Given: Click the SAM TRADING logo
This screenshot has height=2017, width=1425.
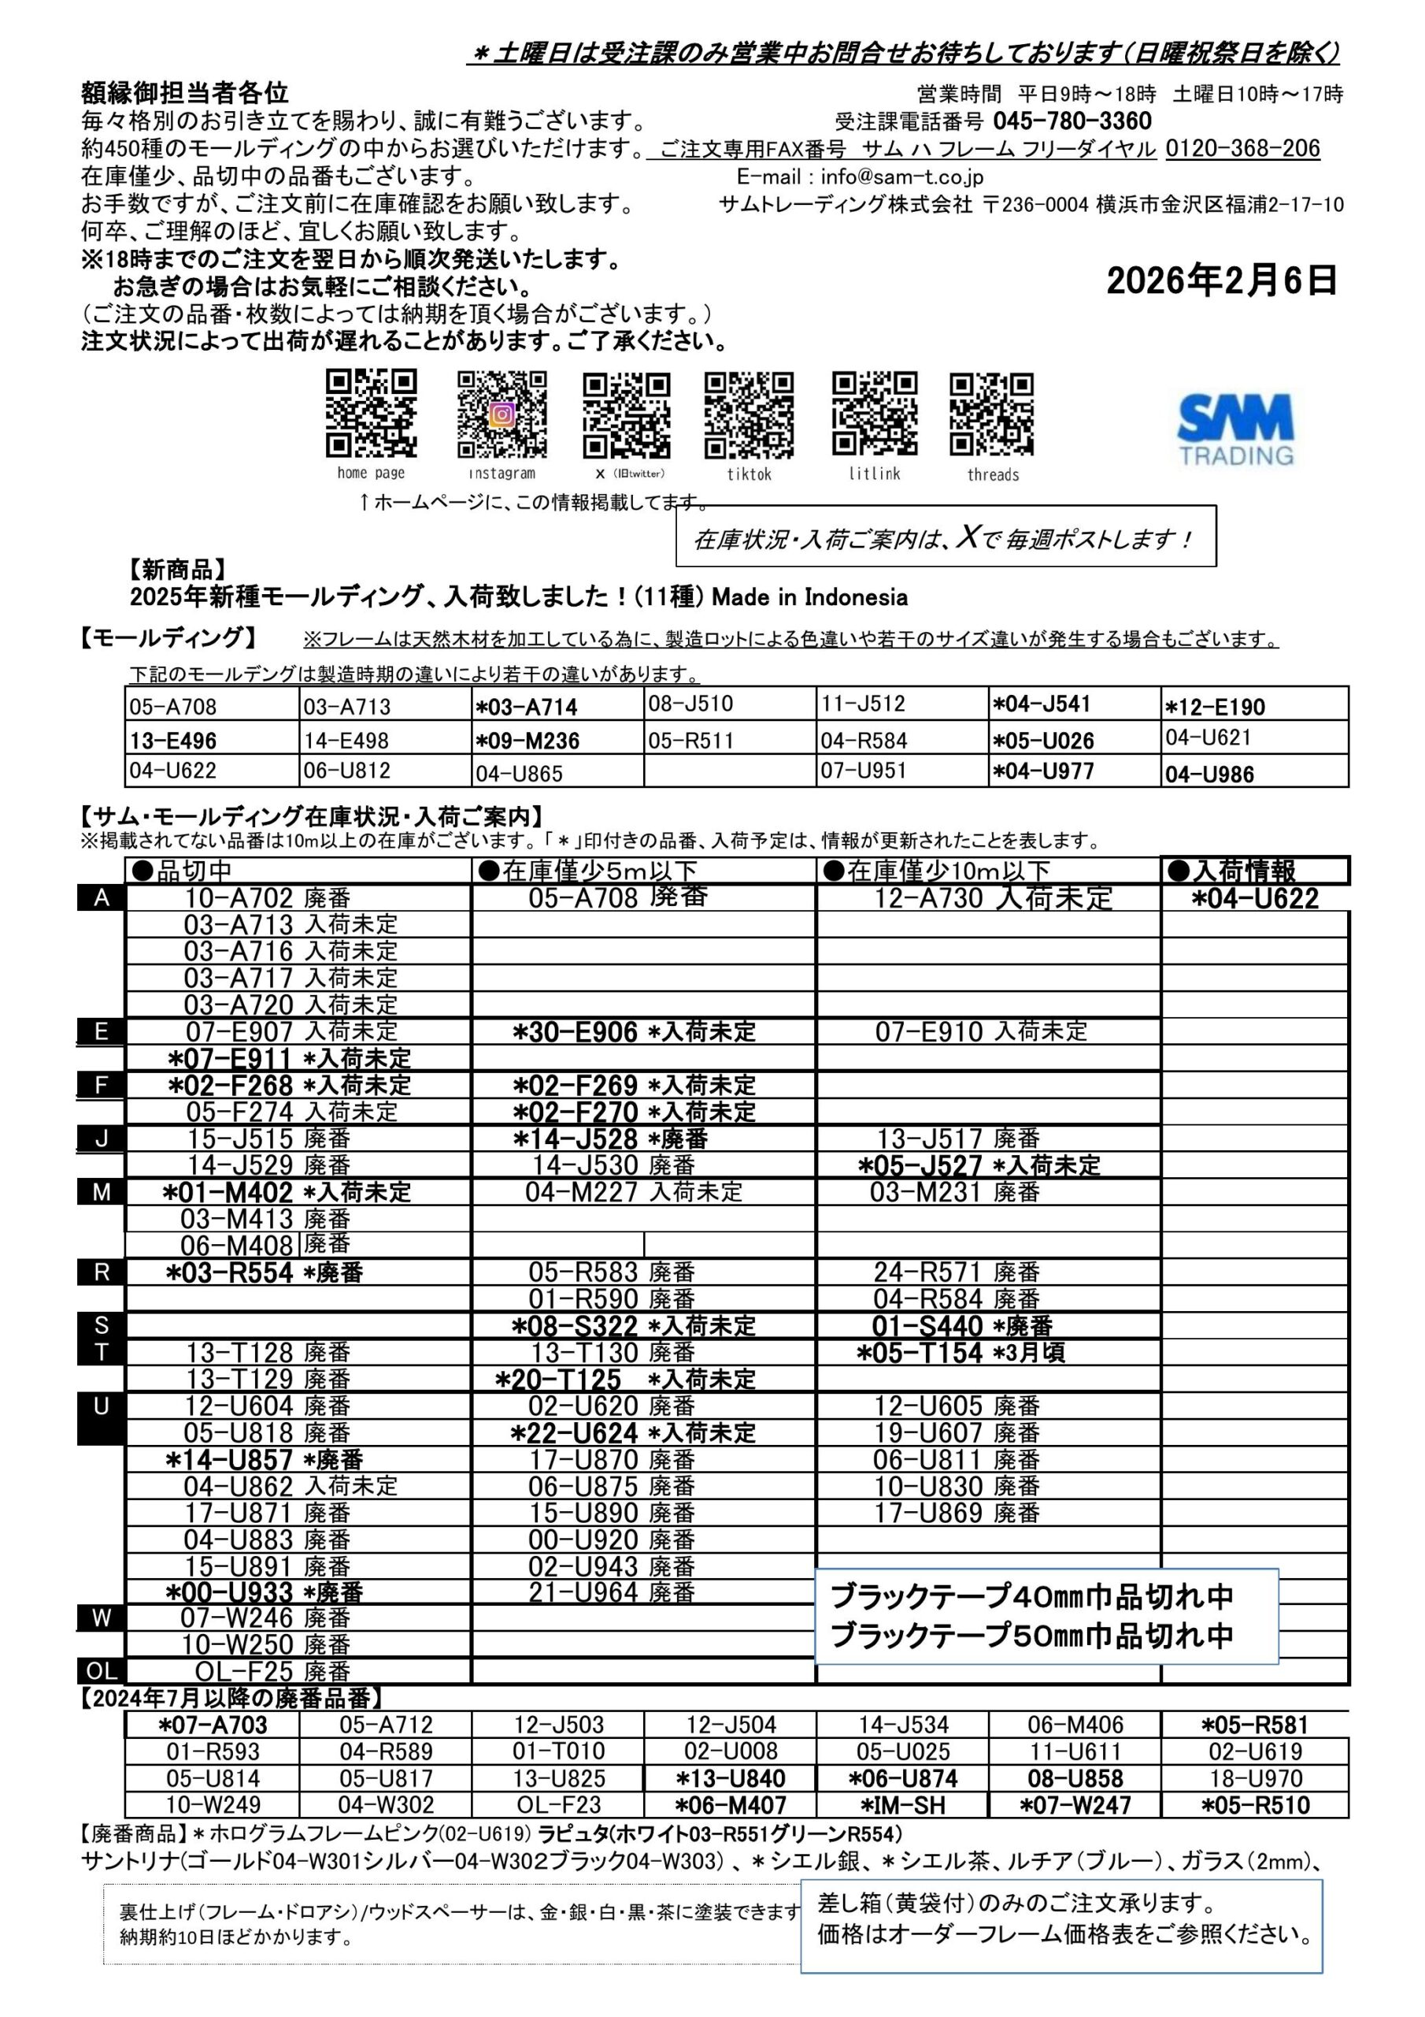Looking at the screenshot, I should point(1235,429).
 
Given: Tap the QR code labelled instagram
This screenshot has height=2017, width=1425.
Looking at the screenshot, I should point(502,414).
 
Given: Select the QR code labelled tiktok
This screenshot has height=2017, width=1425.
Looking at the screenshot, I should point(749,414).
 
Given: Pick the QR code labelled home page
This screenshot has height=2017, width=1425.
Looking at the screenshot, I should point(372,414).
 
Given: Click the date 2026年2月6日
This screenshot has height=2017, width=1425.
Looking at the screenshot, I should point(1221,281).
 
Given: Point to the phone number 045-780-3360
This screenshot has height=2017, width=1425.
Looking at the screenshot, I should point(1072,121).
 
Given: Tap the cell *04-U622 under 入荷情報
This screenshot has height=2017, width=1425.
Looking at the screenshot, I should point(1255,899).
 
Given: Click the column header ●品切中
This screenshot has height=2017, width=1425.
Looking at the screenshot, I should point(182,871).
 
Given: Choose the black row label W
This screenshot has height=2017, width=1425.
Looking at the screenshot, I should point(101,1618).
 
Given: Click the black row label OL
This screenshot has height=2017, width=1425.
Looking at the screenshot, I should point(101,1671).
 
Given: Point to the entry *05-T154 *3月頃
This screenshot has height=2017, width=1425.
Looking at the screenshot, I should point(960,1353).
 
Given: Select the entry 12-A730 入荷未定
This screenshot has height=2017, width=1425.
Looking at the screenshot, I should point(992,898).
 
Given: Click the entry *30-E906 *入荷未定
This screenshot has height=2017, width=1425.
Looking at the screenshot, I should point(634,1031).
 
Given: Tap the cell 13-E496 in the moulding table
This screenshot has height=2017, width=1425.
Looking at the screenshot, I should point(174,741).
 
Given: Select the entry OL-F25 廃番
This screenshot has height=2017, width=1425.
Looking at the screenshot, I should point(272,1671).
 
